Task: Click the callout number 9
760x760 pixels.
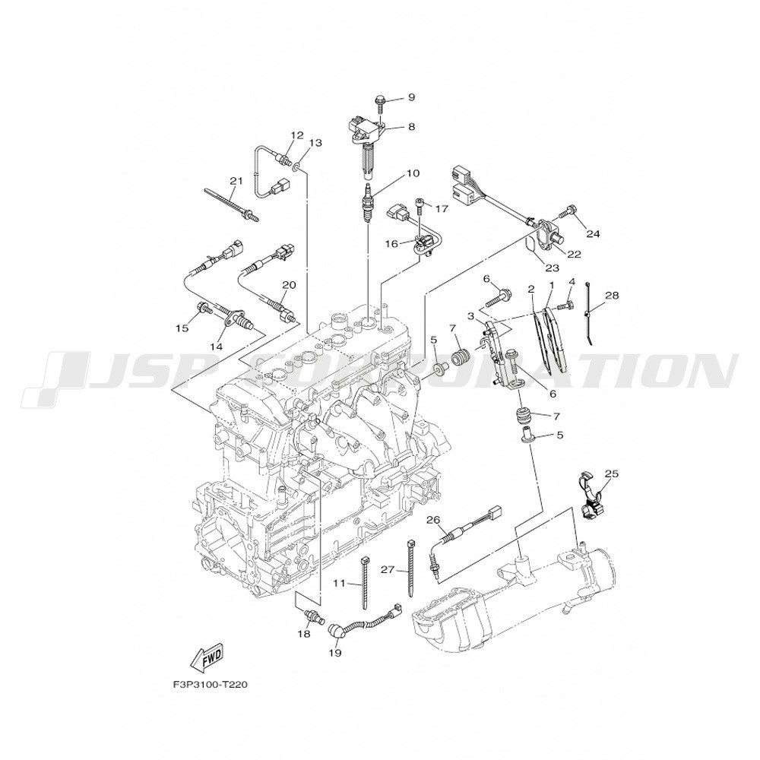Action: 411,97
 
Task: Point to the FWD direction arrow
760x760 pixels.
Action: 207,660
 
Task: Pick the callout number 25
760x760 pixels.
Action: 612,473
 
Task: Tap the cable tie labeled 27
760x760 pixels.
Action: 410,570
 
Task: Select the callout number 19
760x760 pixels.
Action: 335,653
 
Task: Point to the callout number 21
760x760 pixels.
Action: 236,181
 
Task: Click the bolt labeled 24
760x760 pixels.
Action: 567,212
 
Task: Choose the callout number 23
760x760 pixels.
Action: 552,268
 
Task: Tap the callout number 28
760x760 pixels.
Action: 612,295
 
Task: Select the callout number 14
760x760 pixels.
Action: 216,347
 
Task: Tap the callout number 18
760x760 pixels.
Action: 304,634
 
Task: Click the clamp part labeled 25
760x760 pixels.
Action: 592,502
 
